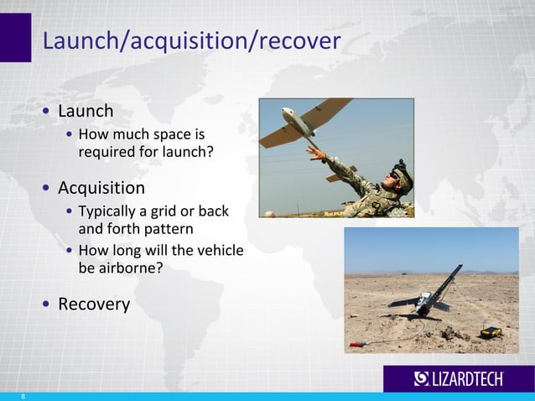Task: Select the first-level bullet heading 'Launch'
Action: pos(86,111)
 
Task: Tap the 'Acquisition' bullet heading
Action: pos(101,187)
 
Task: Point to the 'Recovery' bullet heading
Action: pos(94,304)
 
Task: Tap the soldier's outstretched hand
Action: pos(315,153)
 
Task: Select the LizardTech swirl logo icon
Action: pos(422,379)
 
